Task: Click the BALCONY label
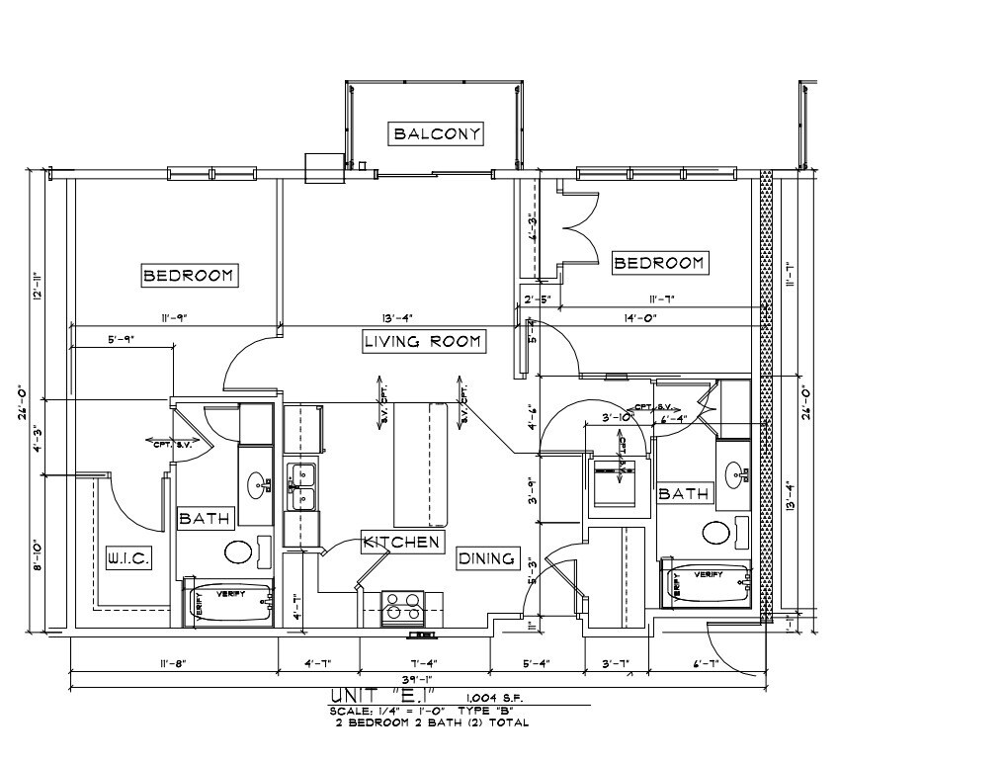[x=437, y=133]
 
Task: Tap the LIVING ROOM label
[x=422, y=342]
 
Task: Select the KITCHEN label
[x=401, y=542]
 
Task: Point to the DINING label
[x=487, y=558]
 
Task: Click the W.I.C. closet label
[x=127, y=559]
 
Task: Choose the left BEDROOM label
[x=189, y=275]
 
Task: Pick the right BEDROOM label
[x=659, y=262]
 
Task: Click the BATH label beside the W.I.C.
[x=205, y=518]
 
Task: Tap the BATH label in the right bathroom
[x=683, y=492]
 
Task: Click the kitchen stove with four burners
[x=403, y=606]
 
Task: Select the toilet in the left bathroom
[x=240, y=551]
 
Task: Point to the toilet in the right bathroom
[x=719, y=533]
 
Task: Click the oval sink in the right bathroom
[x=735, y=475]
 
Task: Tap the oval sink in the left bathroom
[x=259, y=484]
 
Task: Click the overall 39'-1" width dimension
[x=419, y=680]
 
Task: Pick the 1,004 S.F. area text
[x=496, y=699]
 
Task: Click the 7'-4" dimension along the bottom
[x=425, y=663]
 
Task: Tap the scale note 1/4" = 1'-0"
[x=389, y=711]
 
